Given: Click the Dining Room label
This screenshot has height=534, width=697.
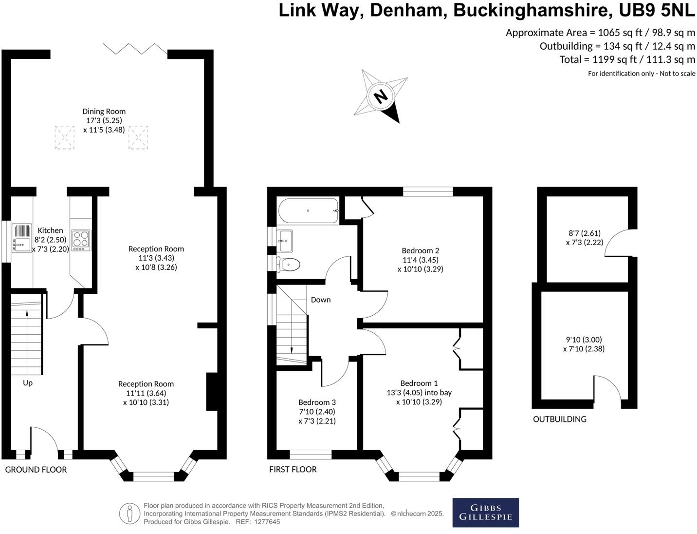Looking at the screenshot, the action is [x=104, y=111].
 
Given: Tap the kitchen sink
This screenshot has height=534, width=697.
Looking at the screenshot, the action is [x=21, y=238].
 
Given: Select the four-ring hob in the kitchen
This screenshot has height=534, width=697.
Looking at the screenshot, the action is [x=81, y=240].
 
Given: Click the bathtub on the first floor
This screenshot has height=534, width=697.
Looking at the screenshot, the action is [x=308, y=211].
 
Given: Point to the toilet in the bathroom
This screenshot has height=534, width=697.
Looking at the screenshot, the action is [x=288, y=264].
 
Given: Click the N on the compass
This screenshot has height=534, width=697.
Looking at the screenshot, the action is [x=380, y=95].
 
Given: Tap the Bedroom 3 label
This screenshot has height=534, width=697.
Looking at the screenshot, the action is [x=317, y=402].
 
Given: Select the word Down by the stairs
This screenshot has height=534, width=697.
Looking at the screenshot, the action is [x=321, y=300].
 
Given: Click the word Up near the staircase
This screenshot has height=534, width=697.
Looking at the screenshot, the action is [x=28, y=383].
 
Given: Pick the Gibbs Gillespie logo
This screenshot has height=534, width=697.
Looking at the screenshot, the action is [x=486, y=513].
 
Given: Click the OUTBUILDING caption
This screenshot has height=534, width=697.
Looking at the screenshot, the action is [x=560, y=419].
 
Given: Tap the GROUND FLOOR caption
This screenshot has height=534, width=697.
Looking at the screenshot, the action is [x=36, y=470].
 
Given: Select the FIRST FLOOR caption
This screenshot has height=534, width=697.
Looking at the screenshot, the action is [x=293, y=470].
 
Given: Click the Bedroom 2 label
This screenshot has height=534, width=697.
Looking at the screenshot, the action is [x=421, y=250].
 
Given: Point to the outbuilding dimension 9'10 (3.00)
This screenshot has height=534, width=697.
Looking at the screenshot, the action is [x=584, y=340].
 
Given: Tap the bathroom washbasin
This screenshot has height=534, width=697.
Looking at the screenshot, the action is [x=285, y=241].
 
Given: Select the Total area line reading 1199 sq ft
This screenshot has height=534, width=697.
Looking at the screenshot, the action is [x=627, y=59].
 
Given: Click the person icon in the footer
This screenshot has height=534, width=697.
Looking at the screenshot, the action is [x=129, y=514].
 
